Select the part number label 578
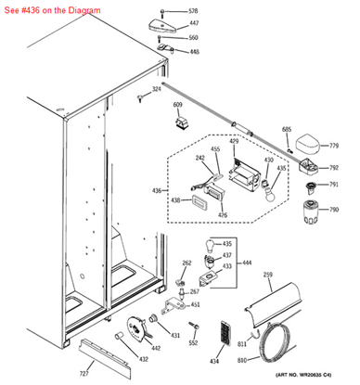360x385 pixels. (193, 11)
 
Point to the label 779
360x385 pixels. (333, 147)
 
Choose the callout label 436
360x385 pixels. (157, 191)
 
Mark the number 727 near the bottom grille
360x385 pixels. (84, 373)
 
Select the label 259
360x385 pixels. (267, 275)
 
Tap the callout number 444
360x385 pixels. (247, 263)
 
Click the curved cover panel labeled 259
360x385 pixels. (269, 306)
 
